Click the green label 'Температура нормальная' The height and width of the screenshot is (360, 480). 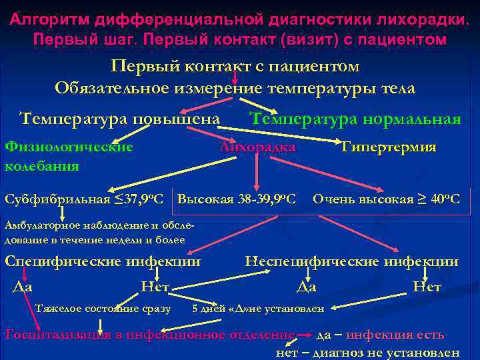click(x=355, y=119)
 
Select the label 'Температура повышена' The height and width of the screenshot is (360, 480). click(x=120, y=119)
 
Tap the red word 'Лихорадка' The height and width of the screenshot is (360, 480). click(x=257, y=147)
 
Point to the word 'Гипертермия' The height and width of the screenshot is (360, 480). click(x=389, y=147)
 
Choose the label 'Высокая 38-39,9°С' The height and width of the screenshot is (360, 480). click(x=237, y=199)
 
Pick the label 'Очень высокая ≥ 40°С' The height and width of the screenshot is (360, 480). click(x=387, y=199)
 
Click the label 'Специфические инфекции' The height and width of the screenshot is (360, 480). click(x=103, y=261)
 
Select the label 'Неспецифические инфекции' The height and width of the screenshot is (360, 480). click(x=352, y=261)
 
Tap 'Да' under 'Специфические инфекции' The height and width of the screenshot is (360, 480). click(x=23, y=287)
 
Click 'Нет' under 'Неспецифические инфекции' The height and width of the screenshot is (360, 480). click(x=427, y=287)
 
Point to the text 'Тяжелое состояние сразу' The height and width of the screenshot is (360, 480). click(x=103, y=309)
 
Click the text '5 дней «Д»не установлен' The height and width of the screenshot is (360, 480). click(x=258, y=309)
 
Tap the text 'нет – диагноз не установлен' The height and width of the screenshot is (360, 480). click(x=367, y=353)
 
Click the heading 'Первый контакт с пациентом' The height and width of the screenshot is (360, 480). click(x=235, y=67)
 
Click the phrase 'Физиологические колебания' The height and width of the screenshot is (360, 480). click(x=68, y=156)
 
